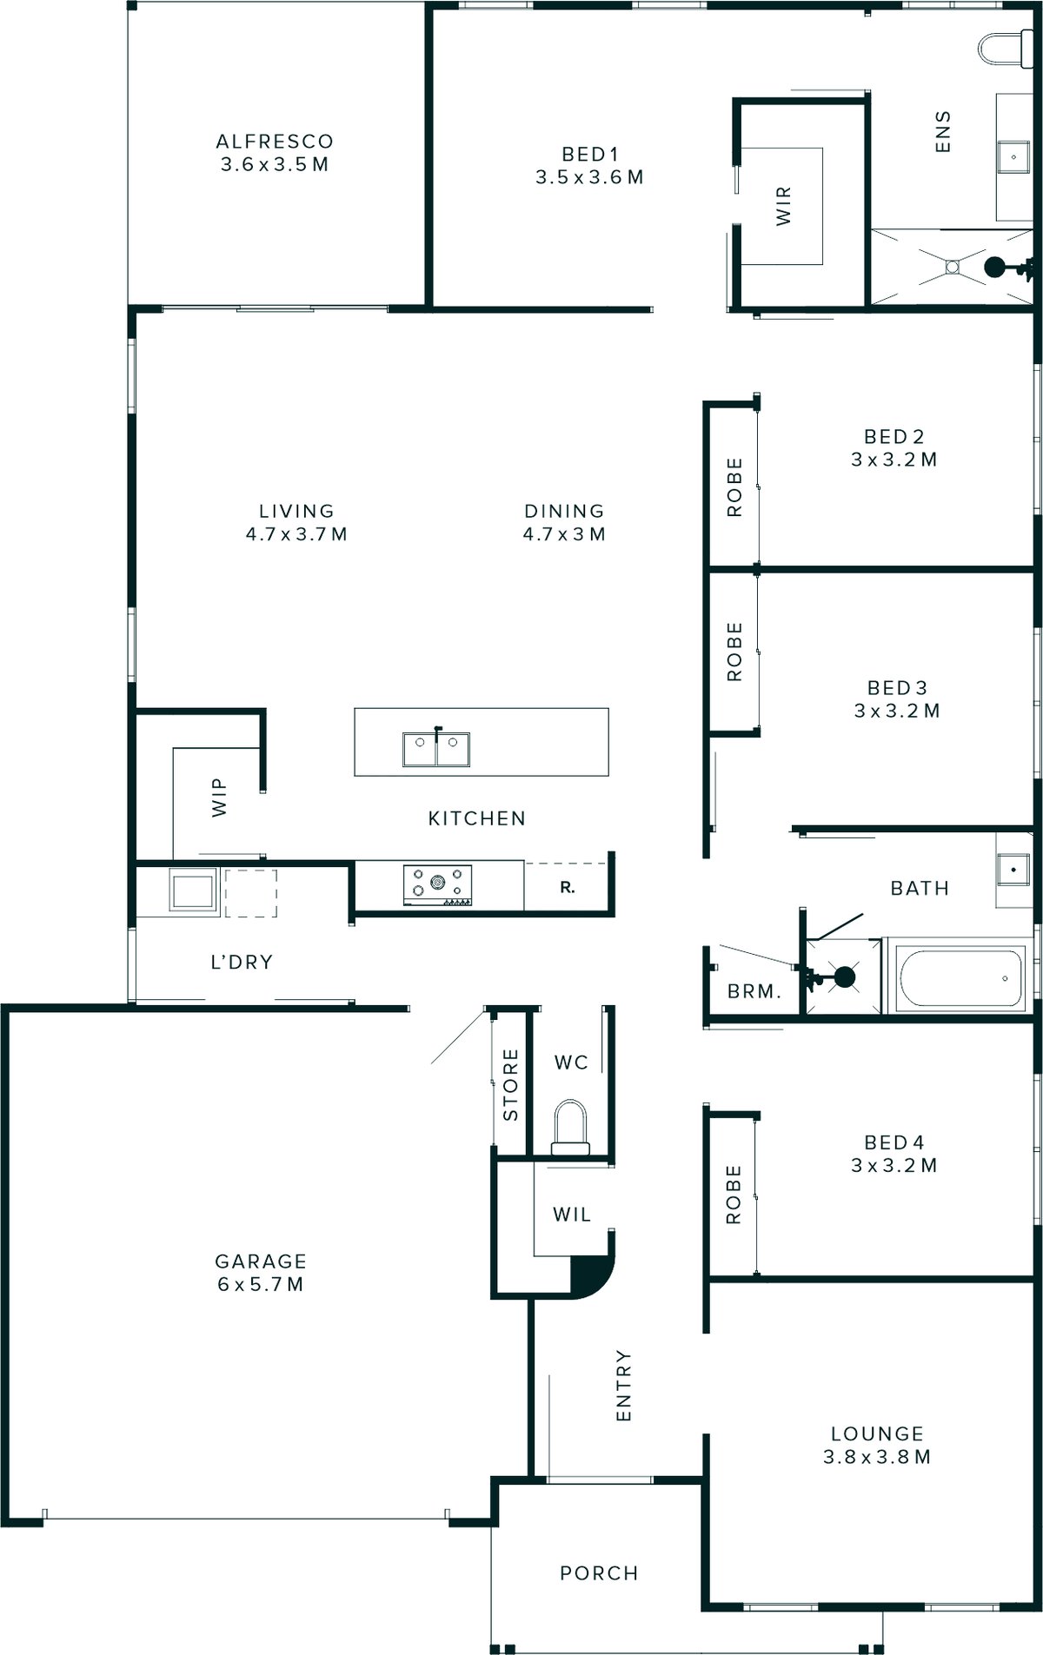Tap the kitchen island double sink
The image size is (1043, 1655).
pyautogui.click(x=436, y=750)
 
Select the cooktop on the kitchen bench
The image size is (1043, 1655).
pyautogui.click(x=437, y=884)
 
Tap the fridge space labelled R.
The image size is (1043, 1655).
pyautogui.click(x=568, y=888)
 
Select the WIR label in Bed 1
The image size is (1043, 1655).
pyautogui.click(x=783, y=206)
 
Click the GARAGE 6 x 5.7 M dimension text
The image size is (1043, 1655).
pyautogui.click(x=260, y=1284)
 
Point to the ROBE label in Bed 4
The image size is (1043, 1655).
pyautogui.click(x=734, y=1195)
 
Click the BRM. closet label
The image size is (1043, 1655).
pyautogui.click(x=754, y=991)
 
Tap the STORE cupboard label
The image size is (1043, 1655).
pyautogui.click(x=510, y=1085)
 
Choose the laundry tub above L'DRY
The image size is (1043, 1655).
pyautogui.click(x=192, y=890)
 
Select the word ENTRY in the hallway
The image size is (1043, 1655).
pyautogui.click(x=623, y=1385)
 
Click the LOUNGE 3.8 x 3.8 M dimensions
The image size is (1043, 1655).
pyautogui.click(x=876, y=1457)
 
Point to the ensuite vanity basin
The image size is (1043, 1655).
pyautogui.click(x=1013, y=157)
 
